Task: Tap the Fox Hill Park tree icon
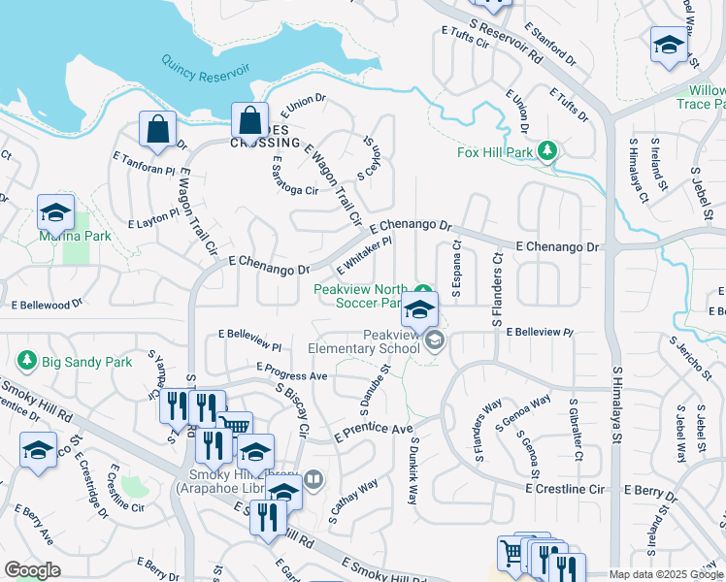tap(548, 151)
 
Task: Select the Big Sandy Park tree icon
tap(27, 362)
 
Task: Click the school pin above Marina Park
tap(55, 212)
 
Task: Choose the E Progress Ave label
tap(292, 372)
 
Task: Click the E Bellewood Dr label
tap(48, 305)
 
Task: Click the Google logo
tap(32, 570)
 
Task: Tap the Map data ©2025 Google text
tap(666, 574)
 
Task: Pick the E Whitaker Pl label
tap(363, 255)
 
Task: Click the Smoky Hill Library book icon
tap(313, 478)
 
